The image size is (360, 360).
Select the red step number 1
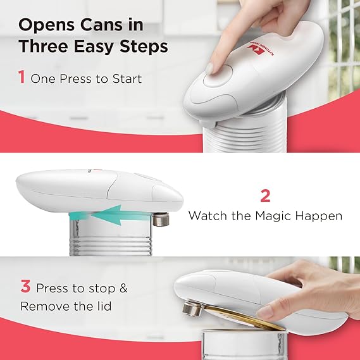coord(22,78)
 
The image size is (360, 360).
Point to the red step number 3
coord(25,287)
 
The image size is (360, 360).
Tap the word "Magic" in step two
coord(272,216)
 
